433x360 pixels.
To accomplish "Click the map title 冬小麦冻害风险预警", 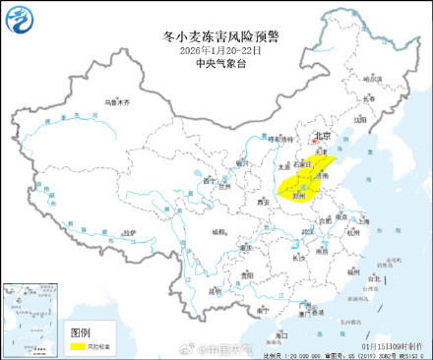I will (219, 37).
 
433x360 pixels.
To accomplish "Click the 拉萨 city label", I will (129, 232).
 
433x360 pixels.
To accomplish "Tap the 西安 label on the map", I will (262, 202).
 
